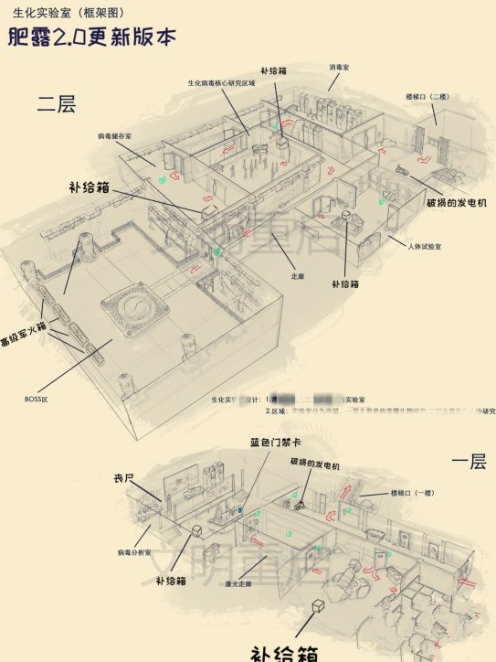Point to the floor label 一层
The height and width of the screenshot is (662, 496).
469,462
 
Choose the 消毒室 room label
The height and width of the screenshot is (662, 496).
339,68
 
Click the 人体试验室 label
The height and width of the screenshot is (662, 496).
425,248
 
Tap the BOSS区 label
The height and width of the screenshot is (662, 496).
35,399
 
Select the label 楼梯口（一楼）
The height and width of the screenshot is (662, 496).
413,493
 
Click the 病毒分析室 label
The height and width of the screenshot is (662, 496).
134,553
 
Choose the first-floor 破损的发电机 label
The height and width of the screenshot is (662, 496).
314,465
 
